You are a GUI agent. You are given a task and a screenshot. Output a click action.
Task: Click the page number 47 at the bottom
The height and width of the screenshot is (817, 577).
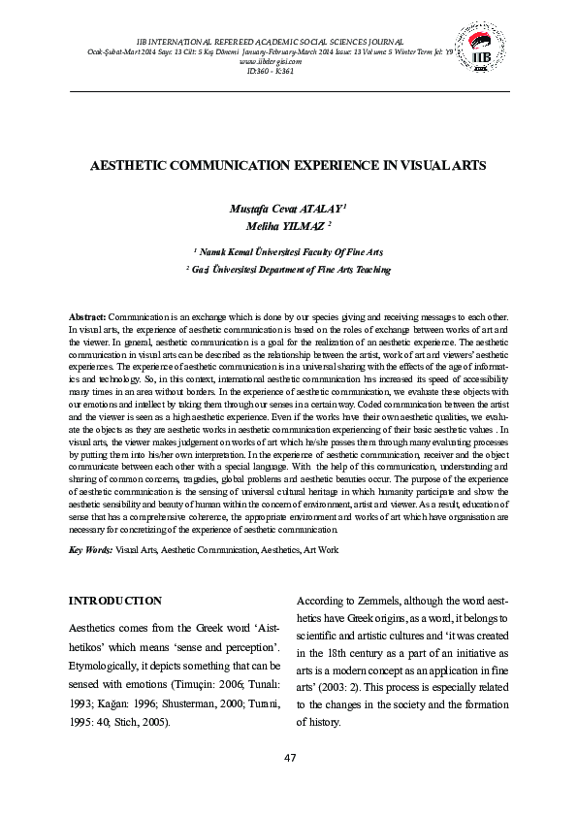tap(288, 757)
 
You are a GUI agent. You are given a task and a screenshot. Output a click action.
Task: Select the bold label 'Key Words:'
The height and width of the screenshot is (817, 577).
tap(90, 550)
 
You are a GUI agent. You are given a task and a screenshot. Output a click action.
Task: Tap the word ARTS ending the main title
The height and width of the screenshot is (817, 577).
tap(465, 166)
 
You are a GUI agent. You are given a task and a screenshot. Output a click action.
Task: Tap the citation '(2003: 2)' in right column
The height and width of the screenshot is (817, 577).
tap(339, 689)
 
